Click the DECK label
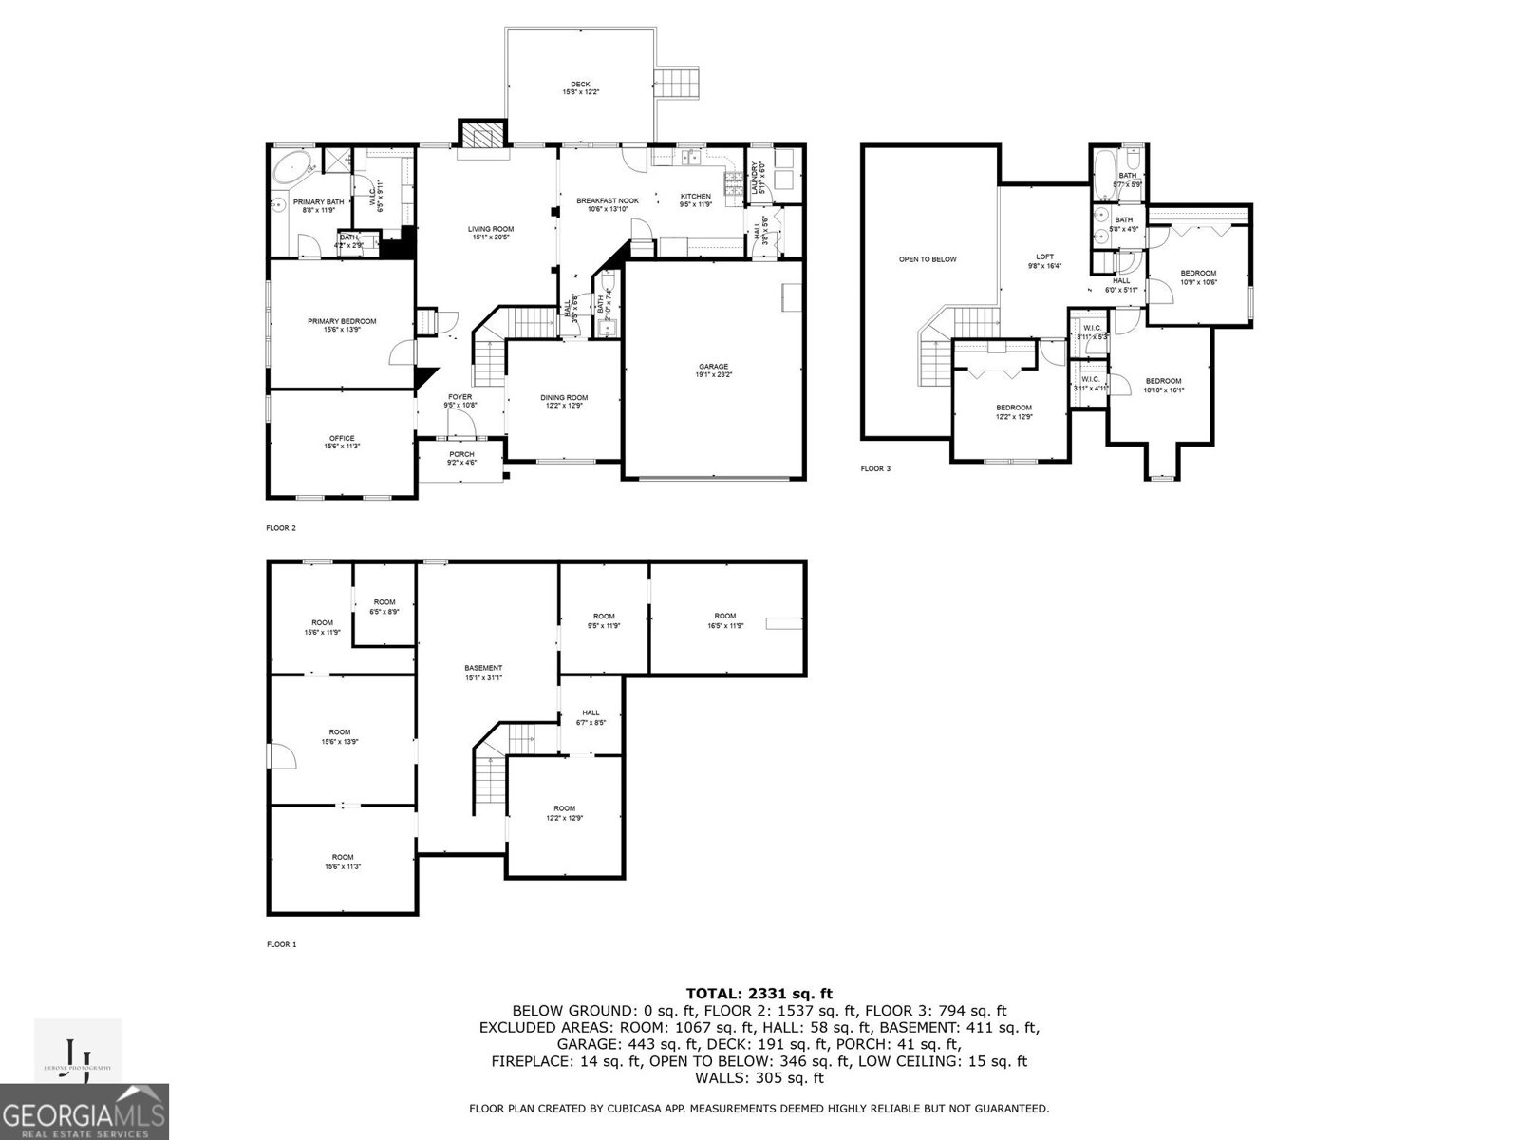(x=580, y=85)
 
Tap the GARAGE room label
(x=714, y=367)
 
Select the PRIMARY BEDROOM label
(x=342, y=321)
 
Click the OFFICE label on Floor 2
(x=342, y=439)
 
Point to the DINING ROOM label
(x=564, y=398)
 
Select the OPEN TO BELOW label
(x=928, y=259)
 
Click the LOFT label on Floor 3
(x=1044, y=256)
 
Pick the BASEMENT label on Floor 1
(x=483, y=668)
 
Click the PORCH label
(x=461, y=455)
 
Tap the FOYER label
(x=459, y=397)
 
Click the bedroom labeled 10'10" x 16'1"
(x=1163, y=381)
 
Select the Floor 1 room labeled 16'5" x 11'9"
(x=724, y=616)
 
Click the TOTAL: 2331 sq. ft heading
(x=759, y=994)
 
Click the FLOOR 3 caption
(x=875, y=468)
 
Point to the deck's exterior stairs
(x=679, y=83)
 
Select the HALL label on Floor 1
(x=591, y=713)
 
